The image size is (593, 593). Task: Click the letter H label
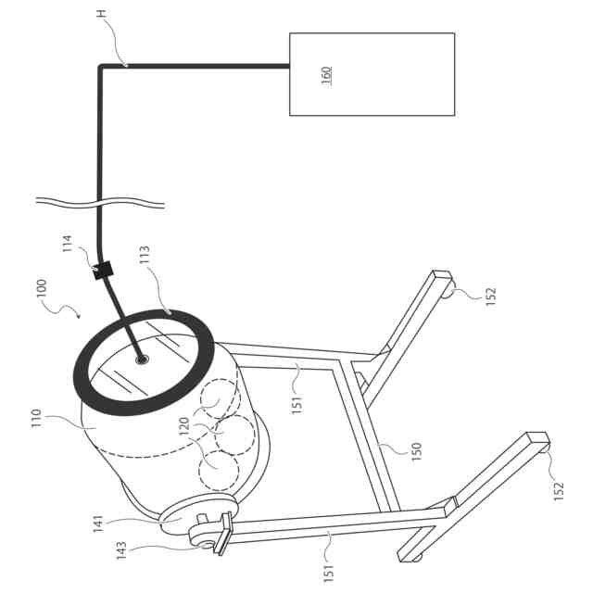pos(101,16)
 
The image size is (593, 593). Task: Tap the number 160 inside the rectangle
pos(326,74)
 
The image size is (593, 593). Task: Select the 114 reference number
pos(68,245)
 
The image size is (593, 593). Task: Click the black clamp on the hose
pos(103,271)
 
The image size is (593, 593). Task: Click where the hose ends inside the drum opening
pos(142,359)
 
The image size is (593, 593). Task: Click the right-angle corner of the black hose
pos(101,67)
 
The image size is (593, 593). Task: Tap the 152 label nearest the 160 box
pos(491,296)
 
